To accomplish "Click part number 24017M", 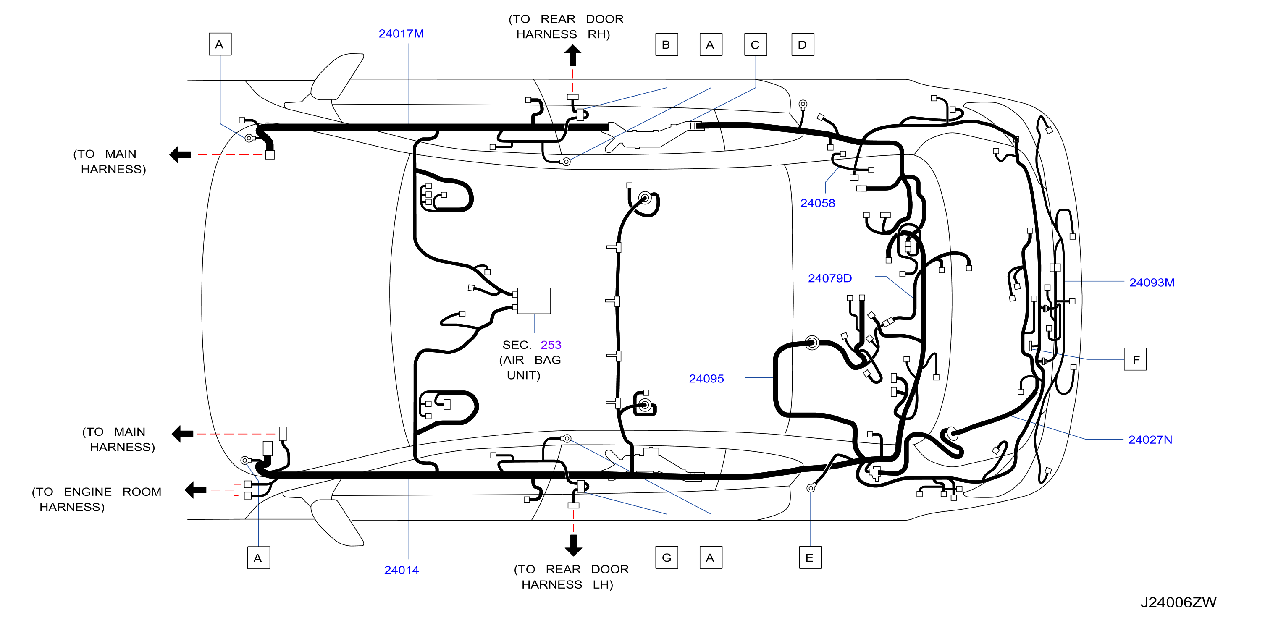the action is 401,34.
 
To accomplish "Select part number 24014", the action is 401,570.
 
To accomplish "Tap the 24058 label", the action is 817,203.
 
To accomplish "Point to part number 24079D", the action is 829,278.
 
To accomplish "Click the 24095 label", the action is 706,379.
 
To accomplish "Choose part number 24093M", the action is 1152,282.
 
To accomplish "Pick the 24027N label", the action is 1150,440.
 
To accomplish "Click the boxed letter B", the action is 667,44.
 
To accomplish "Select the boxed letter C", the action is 755,44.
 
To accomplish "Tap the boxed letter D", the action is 803,44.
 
